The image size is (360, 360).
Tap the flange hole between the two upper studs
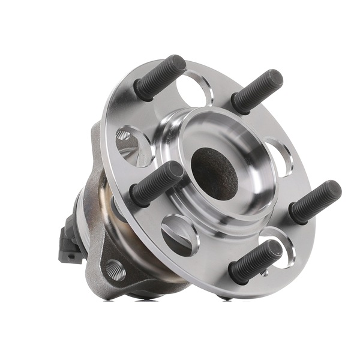194,89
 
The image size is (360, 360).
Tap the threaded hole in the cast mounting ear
115,271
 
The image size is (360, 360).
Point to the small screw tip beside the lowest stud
265,273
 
